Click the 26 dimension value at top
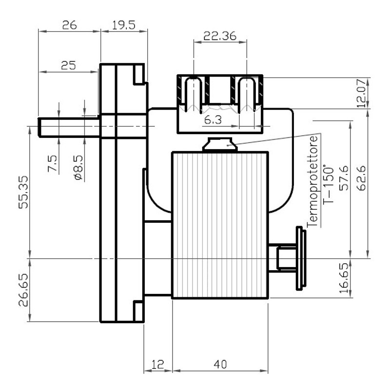69,25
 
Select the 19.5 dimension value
124,25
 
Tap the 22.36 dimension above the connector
220,36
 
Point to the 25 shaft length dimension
68,66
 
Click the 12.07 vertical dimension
362,93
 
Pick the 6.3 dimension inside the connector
213,120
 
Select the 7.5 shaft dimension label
53,163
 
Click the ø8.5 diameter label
78,167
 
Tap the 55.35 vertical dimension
23,192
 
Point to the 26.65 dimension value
23,290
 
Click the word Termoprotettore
312,181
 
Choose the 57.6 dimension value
344,178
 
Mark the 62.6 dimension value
362,178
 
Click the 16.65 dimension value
344,278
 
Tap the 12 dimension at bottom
158,364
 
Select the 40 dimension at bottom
220,364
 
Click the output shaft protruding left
69,127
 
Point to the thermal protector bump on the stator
220,144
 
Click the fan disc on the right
301,258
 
